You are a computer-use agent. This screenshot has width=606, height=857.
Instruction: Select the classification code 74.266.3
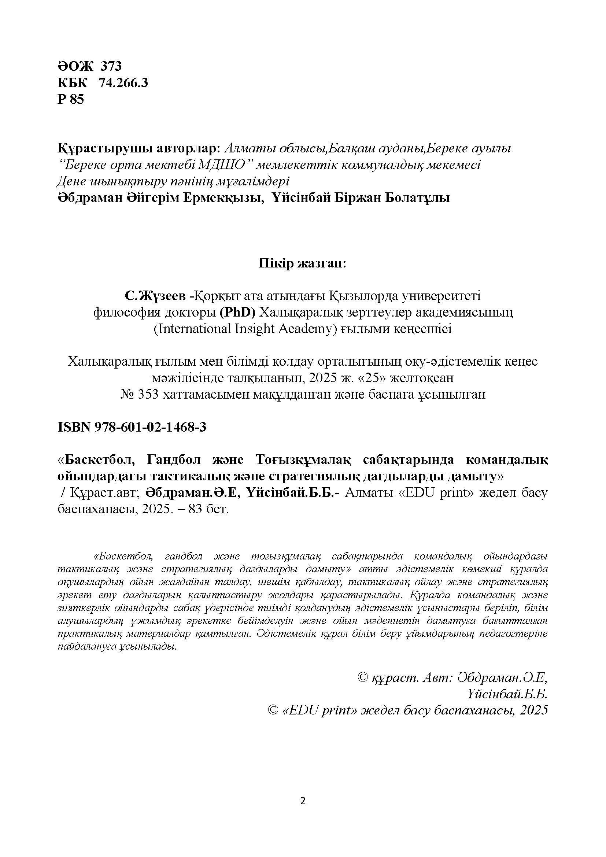coord(123,83)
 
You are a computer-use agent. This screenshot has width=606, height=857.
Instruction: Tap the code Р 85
coord(71,99)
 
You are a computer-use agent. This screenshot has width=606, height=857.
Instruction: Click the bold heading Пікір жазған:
coord(303,263)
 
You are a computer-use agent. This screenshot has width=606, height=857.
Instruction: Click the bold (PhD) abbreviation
coord(237,313)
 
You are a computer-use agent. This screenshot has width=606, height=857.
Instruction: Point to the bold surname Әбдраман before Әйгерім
coord(90,198)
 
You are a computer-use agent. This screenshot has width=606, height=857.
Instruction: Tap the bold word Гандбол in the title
coord(175,460)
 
